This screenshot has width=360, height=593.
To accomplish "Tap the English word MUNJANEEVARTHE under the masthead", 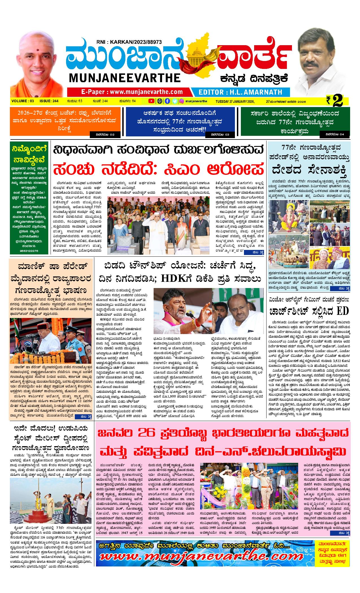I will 124,78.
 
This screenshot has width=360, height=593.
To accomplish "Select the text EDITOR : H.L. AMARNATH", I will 240,92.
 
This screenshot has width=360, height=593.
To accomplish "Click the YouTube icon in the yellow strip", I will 151,101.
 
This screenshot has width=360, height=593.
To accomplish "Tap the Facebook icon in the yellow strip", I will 167,101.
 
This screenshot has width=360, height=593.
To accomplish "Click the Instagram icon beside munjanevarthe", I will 182,101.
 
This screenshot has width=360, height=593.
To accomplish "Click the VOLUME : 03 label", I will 23,101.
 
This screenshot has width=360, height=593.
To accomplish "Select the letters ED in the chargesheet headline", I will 343,311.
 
